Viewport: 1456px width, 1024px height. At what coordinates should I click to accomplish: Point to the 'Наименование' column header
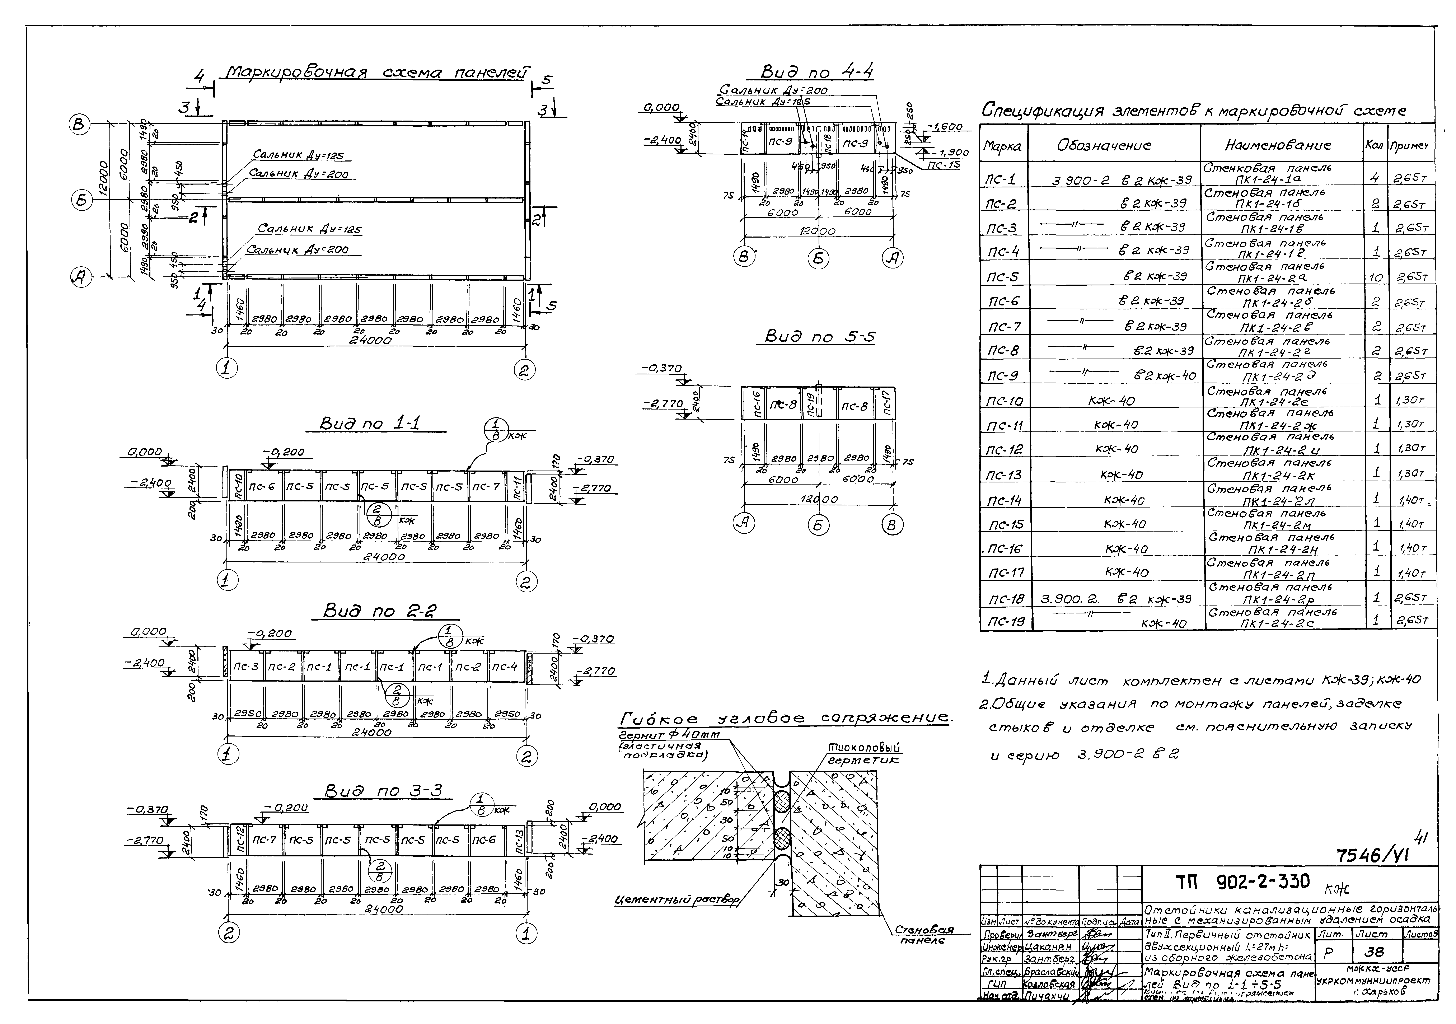click(1281, 145)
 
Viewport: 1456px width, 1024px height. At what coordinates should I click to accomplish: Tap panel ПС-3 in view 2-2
click(245, 666)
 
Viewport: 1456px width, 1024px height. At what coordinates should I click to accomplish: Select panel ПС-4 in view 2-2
click(504, 666)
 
